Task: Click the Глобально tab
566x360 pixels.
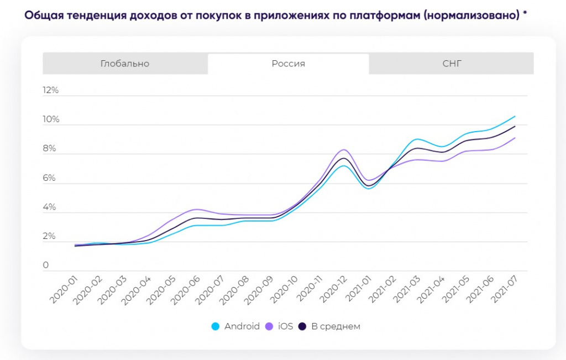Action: tap(125, 64)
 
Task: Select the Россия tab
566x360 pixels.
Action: tap(288, 64)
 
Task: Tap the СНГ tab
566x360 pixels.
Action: tap(452, 64)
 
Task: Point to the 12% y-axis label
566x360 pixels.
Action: tap(50, 90)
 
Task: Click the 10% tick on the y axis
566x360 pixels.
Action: tap(50, 119)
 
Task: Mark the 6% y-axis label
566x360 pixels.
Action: tap(50, 178)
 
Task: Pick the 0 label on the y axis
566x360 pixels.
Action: tap(46, 265)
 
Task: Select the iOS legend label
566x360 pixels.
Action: tap(285, 326)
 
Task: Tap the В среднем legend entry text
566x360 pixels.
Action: tap(336, 326)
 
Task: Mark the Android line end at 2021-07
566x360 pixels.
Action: tap(515, 116)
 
